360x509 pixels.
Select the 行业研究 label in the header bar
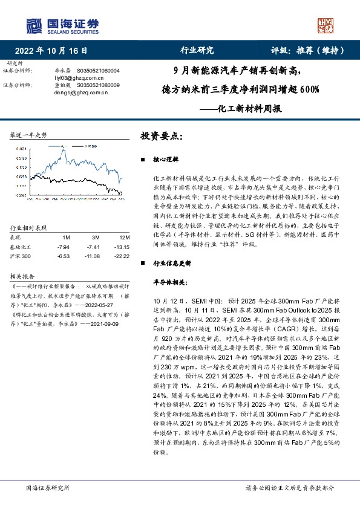tap(197, 51)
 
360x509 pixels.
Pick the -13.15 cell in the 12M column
tap(122, 246)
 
